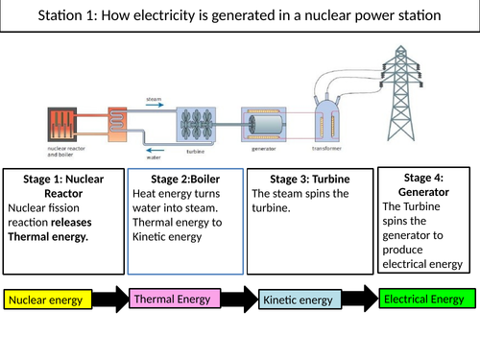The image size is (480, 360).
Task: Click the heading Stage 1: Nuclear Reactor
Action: coord(61,186)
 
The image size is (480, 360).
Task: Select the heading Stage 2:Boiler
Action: coord(185,179)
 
